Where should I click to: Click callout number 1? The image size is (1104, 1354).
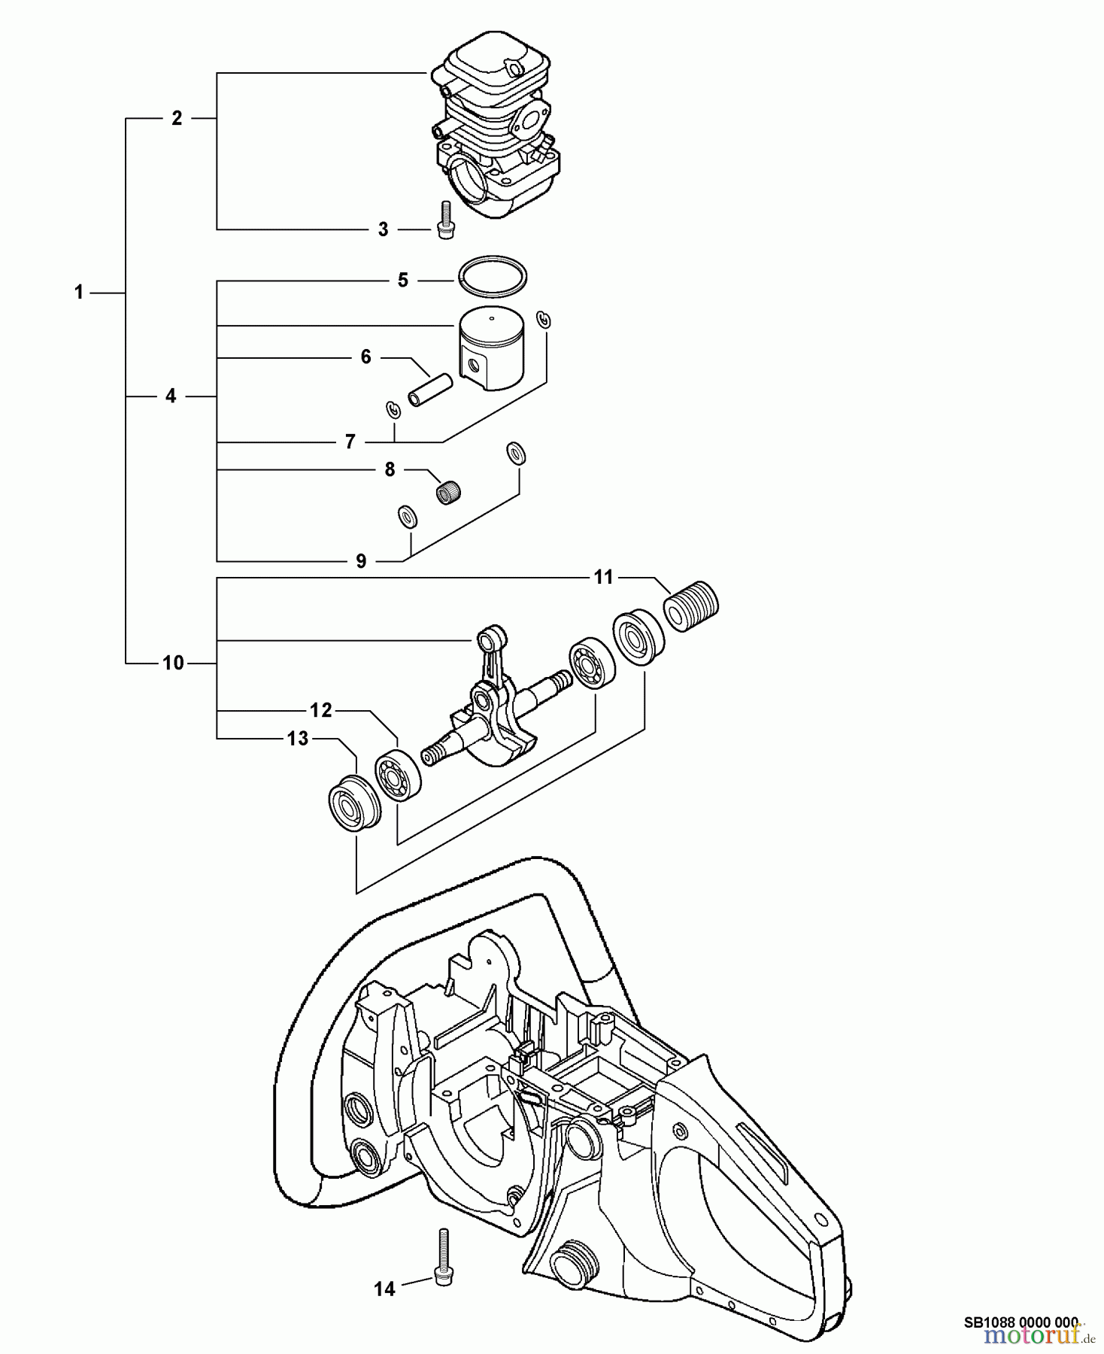[x=78, y=293]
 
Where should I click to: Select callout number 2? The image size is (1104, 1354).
[x=177, y=118]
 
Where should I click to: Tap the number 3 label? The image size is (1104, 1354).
[x=383, y=229]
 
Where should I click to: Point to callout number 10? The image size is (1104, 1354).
[x=173, y=663]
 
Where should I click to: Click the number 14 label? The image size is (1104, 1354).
[x=384, y=1289]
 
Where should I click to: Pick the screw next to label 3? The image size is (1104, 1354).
[x=444, y=219]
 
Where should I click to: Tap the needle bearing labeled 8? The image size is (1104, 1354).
[x=449, y=493]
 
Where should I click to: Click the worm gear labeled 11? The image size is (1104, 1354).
[x=692, y=606]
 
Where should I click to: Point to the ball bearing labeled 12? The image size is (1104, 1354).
[x=398, y=776]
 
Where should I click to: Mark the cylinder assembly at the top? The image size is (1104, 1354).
[x=496, y=128]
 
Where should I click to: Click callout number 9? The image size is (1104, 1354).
[x=361, y=560]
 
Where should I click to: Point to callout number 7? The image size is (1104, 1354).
[x=350, y=442]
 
